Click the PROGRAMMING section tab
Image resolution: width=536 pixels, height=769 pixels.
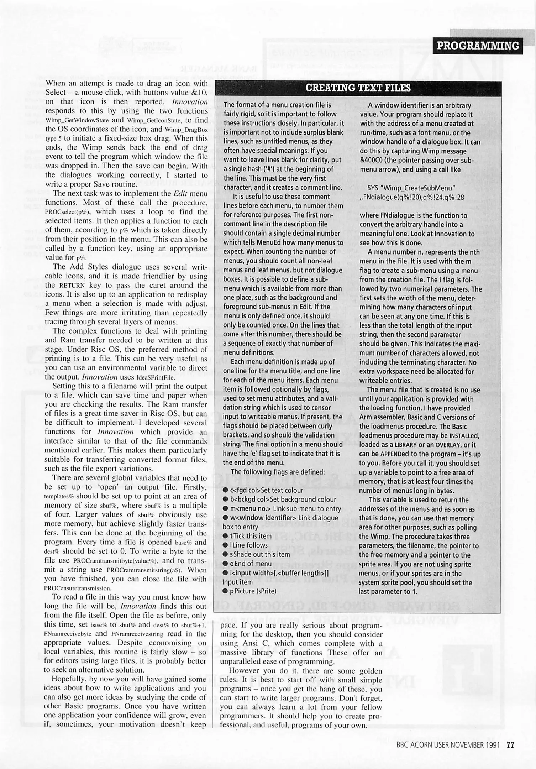click(478, 46)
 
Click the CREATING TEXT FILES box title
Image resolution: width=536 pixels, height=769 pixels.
click(358, 88)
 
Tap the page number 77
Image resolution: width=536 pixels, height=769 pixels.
click(511, 745)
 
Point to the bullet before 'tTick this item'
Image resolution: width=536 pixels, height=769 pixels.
click(226, 536)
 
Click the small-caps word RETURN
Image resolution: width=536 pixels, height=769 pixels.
click(72, 286)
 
